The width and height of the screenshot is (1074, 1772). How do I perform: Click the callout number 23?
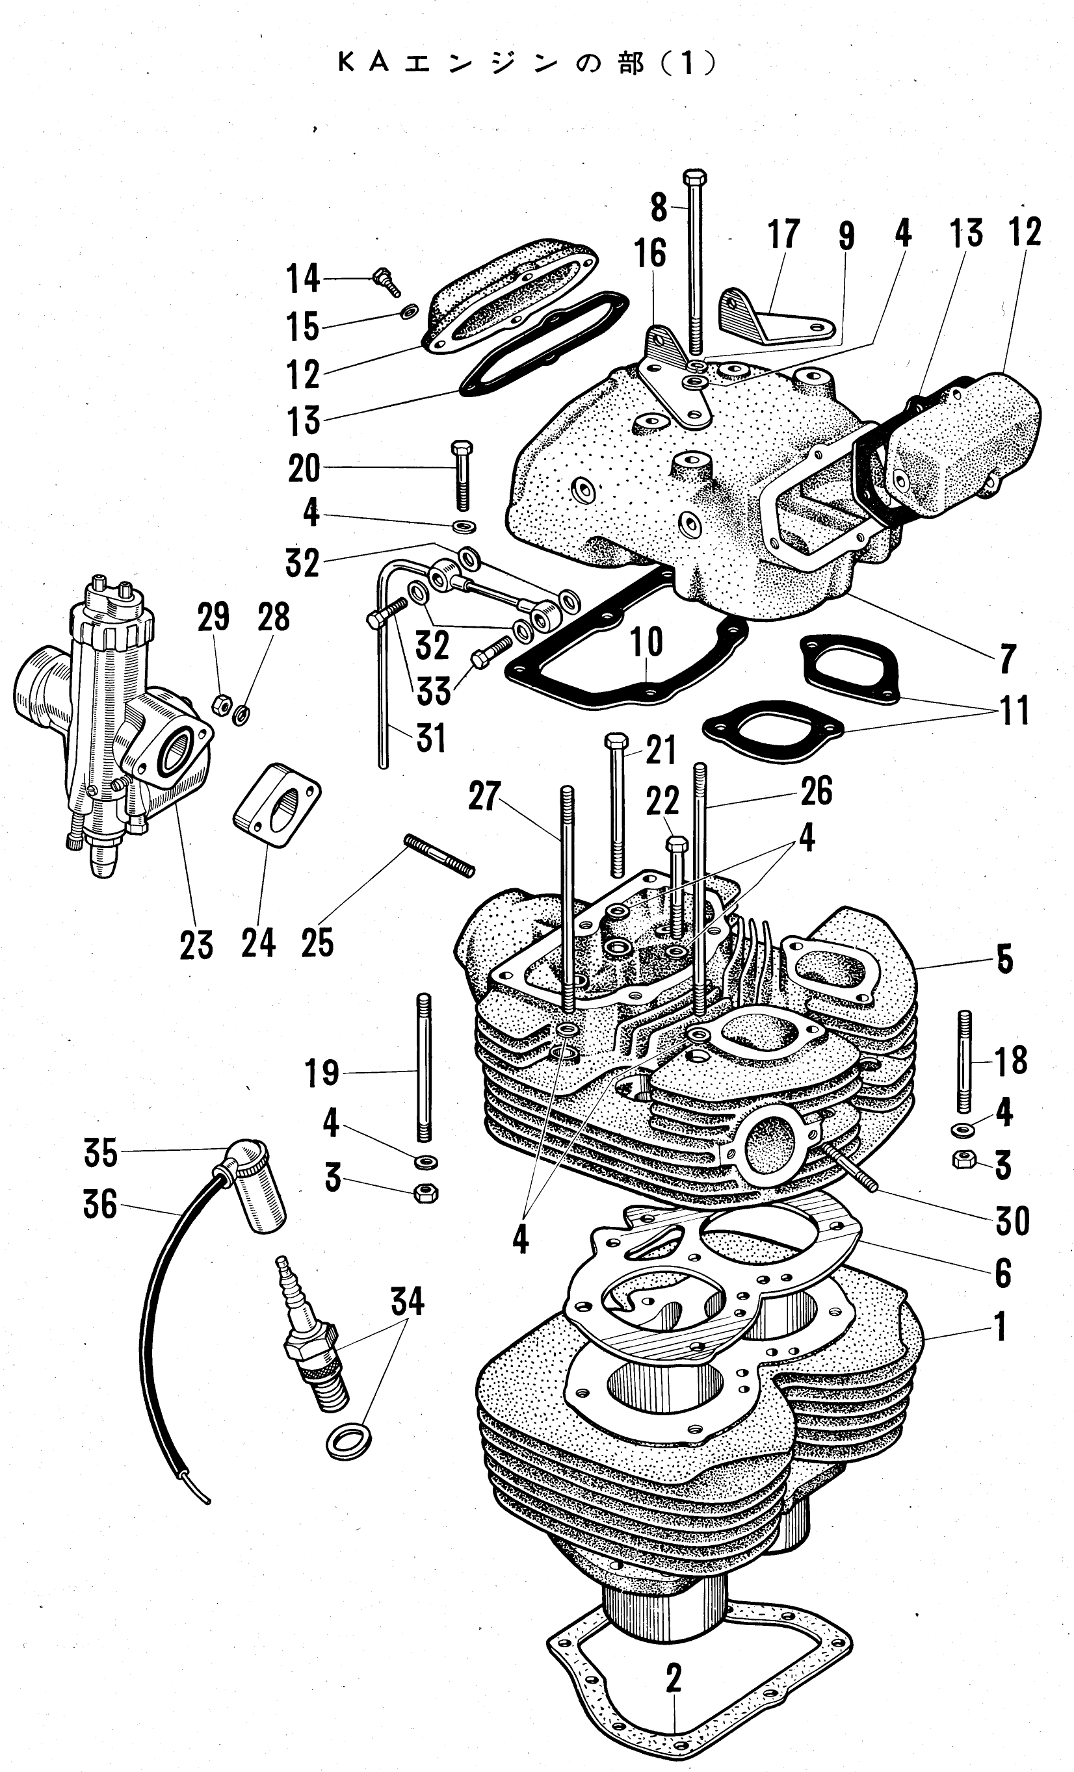click(196, 945)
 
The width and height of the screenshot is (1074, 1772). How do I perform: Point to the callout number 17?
click(783, 235)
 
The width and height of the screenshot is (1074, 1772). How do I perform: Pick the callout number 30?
click(1012, 1221)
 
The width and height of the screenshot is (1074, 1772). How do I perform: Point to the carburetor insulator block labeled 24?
click(277, 806)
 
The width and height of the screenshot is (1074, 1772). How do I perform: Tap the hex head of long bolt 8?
click(694, 177)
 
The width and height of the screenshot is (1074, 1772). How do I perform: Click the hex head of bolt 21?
click(617, 741)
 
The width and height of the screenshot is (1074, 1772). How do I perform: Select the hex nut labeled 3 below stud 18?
click(962, 1160)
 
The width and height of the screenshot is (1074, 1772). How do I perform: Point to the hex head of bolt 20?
click(460, 447)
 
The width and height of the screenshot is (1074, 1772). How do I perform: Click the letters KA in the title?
click(364, 64)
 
